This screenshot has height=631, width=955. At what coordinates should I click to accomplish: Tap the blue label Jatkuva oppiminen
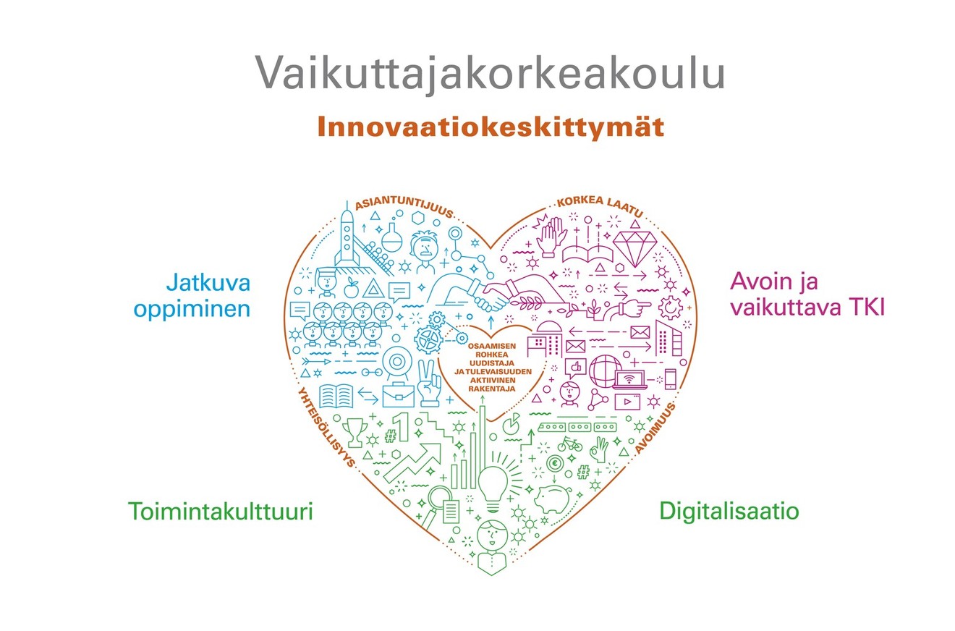pos(192,295)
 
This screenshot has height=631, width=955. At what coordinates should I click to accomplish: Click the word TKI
pos(865,307)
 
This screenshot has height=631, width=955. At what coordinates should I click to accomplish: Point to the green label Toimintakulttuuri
pos(221,511)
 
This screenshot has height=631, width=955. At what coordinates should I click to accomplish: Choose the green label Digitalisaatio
pos(729,511)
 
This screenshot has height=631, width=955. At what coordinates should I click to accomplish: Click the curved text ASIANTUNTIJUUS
pos(404,206)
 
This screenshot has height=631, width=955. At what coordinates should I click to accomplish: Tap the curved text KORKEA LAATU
pos(600,205)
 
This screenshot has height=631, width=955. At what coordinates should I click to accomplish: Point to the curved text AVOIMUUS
pos(655,428)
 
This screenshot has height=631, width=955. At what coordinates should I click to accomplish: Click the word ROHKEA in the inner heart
pos(491,355)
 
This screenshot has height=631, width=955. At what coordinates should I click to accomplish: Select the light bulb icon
pos(493,489)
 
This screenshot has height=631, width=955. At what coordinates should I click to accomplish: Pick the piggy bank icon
pos(553,499)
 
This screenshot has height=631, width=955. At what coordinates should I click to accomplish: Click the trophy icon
pos(355,432)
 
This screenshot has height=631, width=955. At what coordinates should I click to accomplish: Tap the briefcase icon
pos(398,395)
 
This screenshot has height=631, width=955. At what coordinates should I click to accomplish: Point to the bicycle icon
pos(569,444)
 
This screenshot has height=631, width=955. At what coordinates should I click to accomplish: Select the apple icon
pos(351,289)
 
